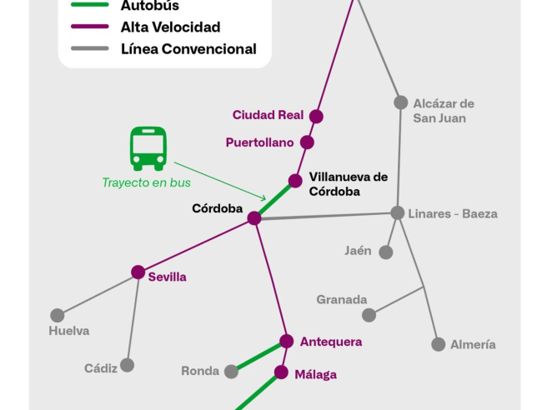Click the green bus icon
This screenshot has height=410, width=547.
click(x=148, y=148)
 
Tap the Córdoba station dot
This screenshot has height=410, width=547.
click(x=254, y=218)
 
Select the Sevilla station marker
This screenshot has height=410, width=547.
click(x=138, y=272)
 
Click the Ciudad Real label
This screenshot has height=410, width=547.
click(x=268, y=115)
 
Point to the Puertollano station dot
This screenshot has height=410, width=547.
click(x=307, y=142)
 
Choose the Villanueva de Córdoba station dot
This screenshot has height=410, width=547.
click(x=295, y=181)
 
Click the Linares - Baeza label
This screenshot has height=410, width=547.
click(x=453, y=214)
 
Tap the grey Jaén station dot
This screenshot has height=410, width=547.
click(x=386, y=252)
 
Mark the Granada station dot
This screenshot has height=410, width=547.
click(x=369, y=315)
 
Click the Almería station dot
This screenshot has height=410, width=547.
click(x=439, y=344)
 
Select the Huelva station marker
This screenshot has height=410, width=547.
click(x=58, y=316)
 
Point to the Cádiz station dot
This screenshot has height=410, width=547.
click(x=127, y=365)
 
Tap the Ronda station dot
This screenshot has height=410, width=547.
click(x=231, y=372)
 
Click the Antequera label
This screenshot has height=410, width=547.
click(x=331, y=342)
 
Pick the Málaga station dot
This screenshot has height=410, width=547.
click(x=281, y=372)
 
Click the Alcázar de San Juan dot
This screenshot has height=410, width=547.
click(x=401, y=102)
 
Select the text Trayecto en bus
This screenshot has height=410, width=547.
click(x=146, y=182)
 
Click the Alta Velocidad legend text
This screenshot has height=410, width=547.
click(x=170, y=27)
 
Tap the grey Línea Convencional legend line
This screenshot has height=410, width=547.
click(x=89, y=49)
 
